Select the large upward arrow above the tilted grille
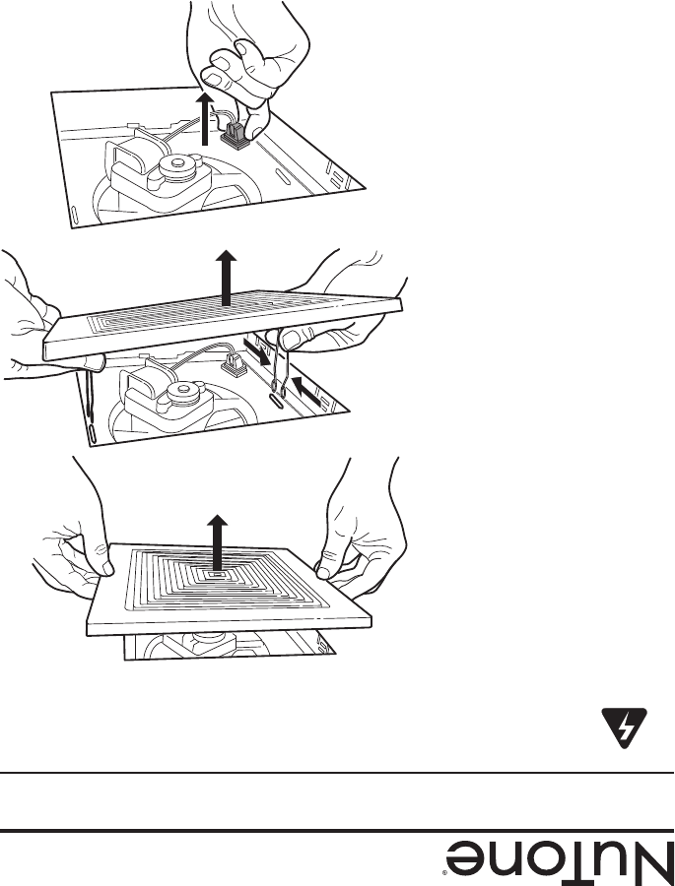tap(228, 278)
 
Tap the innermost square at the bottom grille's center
tap(215, 574)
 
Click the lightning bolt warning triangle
tap(624, 728)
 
